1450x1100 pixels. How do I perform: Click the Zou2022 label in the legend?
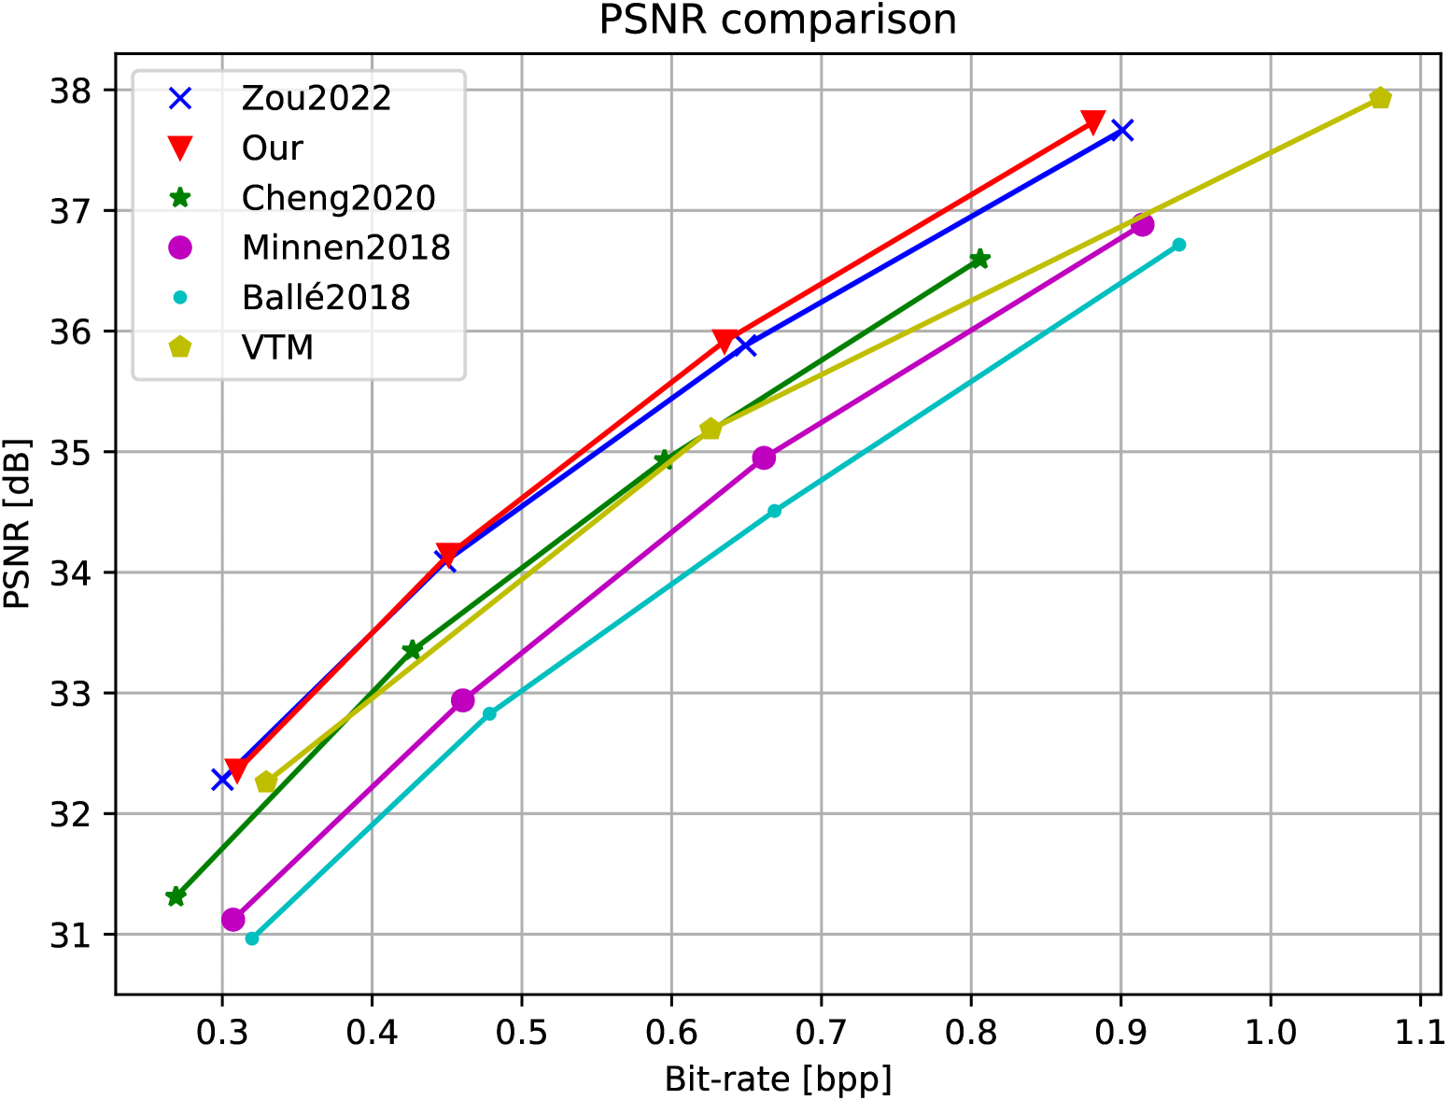(x=316, y=98)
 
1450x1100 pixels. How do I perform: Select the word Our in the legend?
(x=272, y=148)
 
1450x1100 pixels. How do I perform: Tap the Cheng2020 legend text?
(x=338, y=198)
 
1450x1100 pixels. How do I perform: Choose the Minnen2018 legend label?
(x=345, y=247)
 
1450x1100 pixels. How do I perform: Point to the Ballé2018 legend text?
(x=325, y=298)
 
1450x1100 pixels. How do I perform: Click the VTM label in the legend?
(x=277, y=347)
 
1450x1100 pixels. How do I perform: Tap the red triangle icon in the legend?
(x=179, y=148)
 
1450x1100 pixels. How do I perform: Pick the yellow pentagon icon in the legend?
(x=179, y=347)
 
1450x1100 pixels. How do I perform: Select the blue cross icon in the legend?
(x=179, y=98)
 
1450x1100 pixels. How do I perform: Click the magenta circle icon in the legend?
(x=179, y=247)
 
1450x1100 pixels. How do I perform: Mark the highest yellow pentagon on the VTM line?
(x=1380, y=98)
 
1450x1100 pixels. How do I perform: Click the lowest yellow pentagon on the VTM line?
(x=266, y=782)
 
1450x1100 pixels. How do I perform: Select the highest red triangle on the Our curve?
(x=1093, y=122)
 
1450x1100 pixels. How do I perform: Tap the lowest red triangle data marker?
(x=236, y=771)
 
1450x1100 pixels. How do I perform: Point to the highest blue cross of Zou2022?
(x=1124, y=131)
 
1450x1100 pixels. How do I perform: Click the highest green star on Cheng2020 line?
(x=979, y=260)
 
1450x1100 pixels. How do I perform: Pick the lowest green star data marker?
(x=176, y=896)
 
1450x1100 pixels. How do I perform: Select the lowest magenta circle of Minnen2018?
(x=233, y=920)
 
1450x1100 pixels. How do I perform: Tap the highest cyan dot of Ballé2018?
(x=1179, y=245)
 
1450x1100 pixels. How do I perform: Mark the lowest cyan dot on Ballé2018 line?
(x=252, y=938)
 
